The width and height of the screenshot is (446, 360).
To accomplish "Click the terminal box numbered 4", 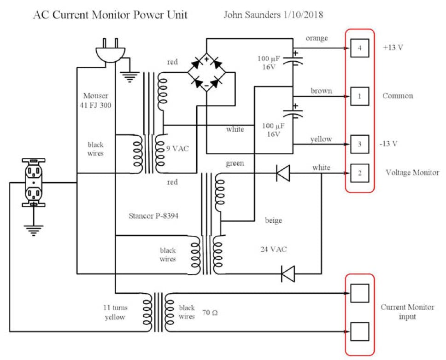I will coord(359,48).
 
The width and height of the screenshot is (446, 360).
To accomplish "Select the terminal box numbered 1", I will coord(359,96).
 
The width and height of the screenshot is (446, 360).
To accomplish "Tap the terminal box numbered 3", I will coord(359,144).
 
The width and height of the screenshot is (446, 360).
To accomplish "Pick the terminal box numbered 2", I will coord(359,173).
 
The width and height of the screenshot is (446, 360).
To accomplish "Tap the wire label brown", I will coord(321,91).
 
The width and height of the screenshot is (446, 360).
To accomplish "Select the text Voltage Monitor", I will coord(412,173).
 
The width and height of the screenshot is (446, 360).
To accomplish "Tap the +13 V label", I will coord(393,48).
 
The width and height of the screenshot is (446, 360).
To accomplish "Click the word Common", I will coord(397,96).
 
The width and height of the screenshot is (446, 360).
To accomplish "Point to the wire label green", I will coord(235,163).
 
